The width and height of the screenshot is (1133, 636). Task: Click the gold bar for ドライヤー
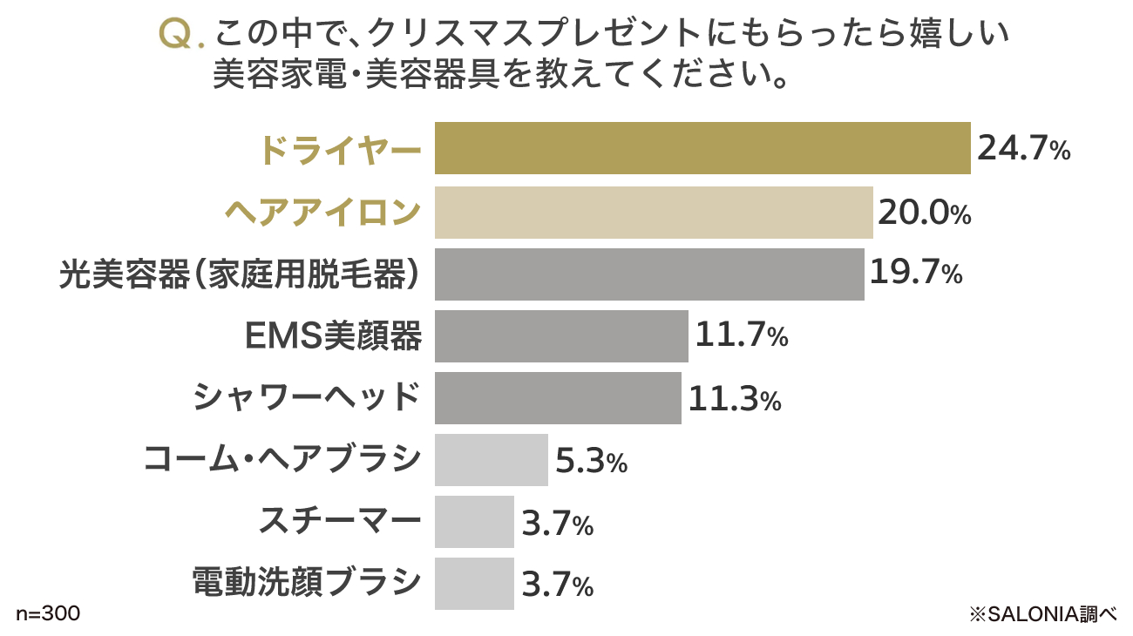[x=702, y=148]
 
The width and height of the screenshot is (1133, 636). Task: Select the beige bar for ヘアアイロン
[x=654, y=213]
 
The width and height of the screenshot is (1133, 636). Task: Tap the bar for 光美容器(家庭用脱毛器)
[x=649, y=274]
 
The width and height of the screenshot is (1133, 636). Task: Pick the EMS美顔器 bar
[x=561, y=336]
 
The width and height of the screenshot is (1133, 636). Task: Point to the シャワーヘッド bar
[x=558, y=398]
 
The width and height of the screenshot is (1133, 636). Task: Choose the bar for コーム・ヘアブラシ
[x=492, y=460]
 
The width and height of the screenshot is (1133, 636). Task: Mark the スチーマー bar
[x=474, y=522]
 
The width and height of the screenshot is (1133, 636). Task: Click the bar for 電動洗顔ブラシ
[x=474, y=584]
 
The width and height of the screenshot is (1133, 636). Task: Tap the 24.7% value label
[x=1023, y=149]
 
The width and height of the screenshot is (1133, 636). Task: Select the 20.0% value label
[x=924, y=213]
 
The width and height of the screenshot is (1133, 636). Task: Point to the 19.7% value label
[x=916, y=274]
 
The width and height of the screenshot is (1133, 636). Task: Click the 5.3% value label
[x=591, y=461]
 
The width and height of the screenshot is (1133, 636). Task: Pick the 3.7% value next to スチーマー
[x=558, y=523]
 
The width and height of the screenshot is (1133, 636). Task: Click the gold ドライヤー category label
[x=340, y=150]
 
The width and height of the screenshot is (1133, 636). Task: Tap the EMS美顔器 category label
[x=335, y=336]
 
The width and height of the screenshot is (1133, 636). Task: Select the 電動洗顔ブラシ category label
[x=306, y=582]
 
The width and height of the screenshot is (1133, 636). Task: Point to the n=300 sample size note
[x=48, y=614]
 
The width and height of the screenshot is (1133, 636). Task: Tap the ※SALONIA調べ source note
[x=1042, y=614]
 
